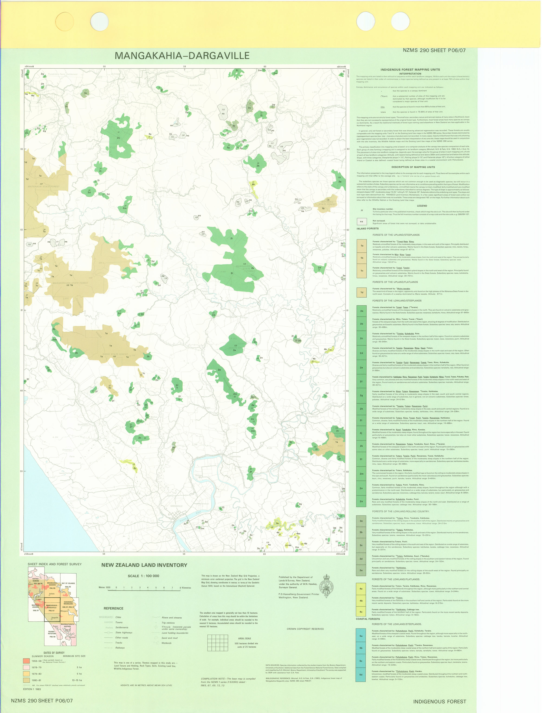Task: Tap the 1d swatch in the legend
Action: (362, 293)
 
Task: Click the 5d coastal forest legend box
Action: (361, 674)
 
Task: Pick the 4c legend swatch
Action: (361, 611)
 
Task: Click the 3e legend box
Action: (361, 570)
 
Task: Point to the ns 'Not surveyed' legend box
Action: (362, 222)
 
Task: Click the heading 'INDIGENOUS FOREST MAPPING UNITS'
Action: (410, 69)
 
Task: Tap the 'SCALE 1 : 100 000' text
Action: (143, 576)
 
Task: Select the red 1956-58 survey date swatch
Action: (27, 661)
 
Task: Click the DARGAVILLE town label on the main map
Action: (176, 506)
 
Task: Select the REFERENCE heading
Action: (113, 608)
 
